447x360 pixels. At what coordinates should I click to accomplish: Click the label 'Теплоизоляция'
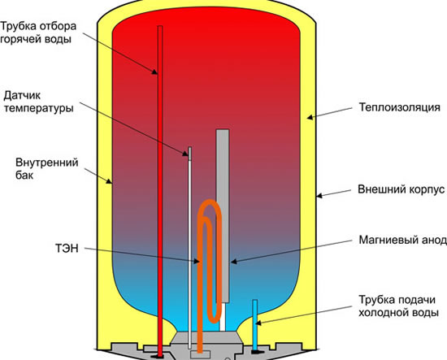(399, 107)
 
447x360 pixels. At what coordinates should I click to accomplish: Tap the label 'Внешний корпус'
(401, 189)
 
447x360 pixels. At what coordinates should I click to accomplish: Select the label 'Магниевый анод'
(402, 240)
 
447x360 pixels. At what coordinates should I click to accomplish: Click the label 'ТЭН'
(67, 249)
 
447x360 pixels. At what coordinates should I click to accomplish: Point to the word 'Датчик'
(22, 96)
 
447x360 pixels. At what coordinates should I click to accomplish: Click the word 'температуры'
(38, 109)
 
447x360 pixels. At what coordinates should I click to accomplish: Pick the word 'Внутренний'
(47, 163)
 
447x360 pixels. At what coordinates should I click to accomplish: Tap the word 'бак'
(24, 175)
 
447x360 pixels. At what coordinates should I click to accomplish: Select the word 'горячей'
(20, 39)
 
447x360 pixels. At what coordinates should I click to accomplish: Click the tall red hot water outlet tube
(160, 191)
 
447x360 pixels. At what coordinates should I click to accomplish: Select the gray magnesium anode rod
(223, 215)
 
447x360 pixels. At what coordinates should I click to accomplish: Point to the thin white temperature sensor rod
(189, 248)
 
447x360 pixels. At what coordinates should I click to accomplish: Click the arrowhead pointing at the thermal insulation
(310, 117)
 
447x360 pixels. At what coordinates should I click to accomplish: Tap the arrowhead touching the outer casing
(320, 196)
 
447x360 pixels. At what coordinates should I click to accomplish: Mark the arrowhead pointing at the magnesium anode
(234, 262)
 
